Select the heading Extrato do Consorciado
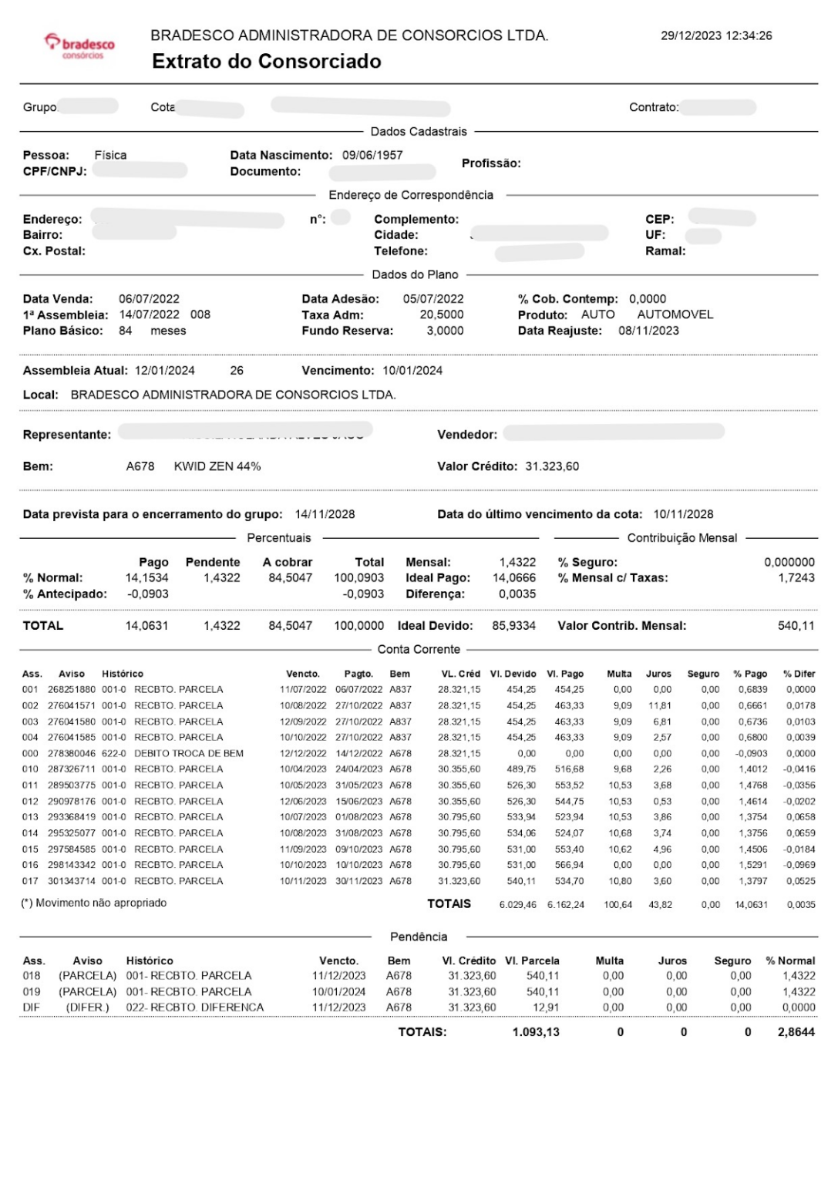266,62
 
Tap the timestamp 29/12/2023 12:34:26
716,35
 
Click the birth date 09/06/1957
372,155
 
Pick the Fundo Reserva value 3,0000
445,331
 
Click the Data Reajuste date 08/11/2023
648,331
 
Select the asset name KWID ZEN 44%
217,466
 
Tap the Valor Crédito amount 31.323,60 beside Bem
552,466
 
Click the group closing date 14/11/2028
325,514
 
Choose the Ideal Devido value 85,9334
513,626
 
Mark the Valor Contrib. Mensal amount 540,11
796,626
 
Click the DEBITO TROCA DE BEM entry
189,753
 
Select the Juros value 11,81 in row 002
660,705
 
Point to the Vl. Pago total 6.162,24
566,904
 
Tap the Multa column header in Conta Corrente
619,674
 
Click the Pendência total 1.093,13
536,1032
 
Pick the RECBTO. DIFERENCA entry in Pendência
195,1007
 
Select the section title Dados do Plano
415,274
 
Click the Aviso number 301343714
72,881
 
